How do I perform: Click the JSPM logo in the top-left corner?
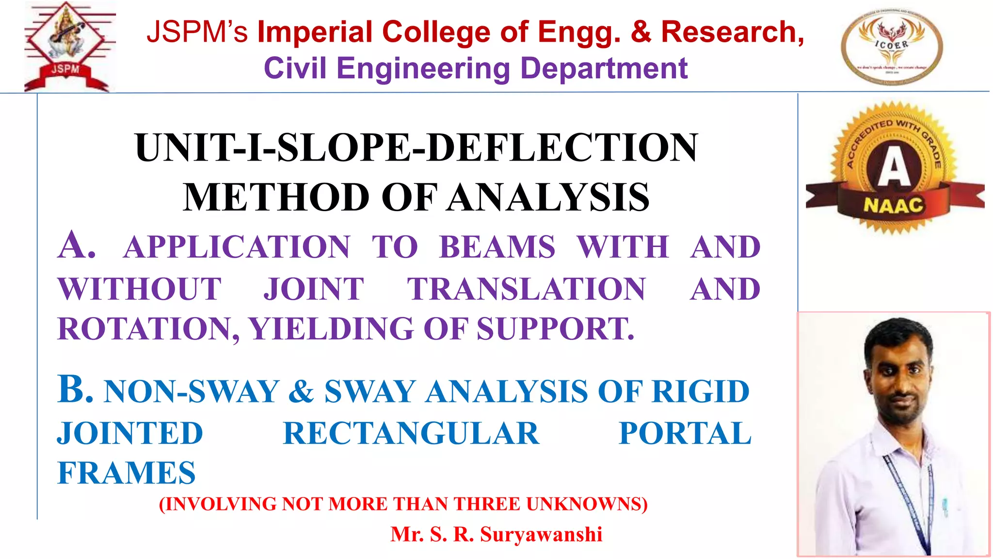click(69, 47)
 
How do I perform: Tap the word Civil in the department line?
click(294, 68)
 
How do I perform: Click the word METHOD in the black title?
click(276, 197)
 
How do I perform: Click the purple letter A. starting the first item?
click(76, 246)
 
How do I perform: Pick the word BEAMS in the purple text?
click(497, 247)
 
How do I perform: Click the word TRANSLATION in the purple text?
click(526, 289)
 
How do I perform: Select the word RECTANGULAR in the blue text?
click(411, 433)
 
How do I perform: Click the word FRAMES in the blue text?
click(127, 473)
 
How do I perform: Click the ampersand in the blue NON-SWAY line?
click(301, 392)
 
